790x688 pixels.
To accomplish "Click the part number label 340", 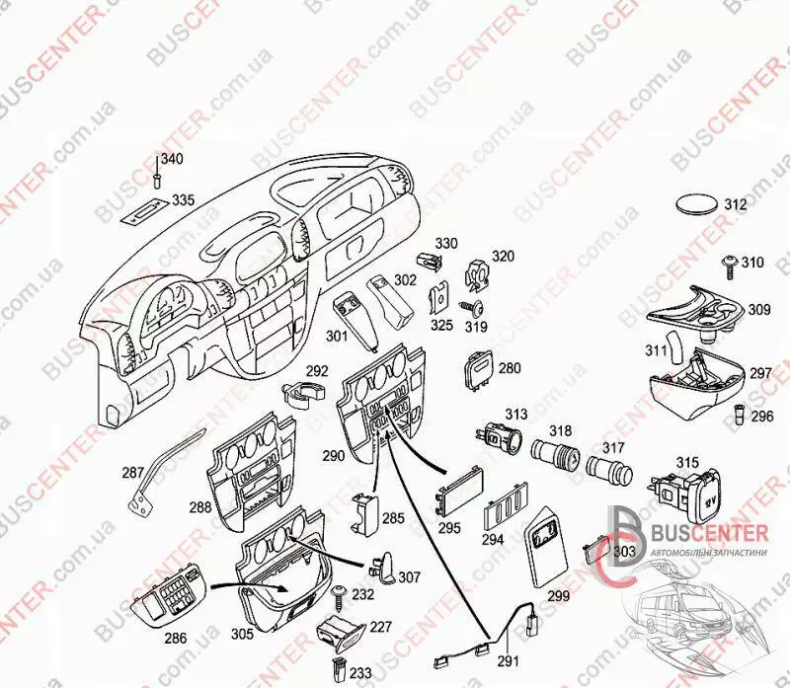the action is (x=172, y=159).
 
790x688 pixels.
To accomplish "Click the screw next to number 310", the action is (x=730, y=266).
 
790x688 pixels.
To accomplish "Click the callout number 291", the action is (x=508, y=660).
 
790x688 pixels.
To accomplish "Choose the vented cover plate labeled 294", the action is (x=506, y=509).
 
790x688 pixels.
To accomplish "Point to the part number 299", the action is (x=558, y=596).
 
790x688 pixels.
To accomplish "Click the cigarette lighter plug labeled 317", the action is (x=609, y=470).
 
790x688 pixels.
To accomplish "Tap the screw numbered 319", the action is (x=472, y=307).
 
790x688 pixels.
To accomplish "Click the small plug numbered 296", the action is (x=740, y=414).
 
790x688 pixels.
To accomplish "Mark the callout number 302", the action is (x=405, y=279).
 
